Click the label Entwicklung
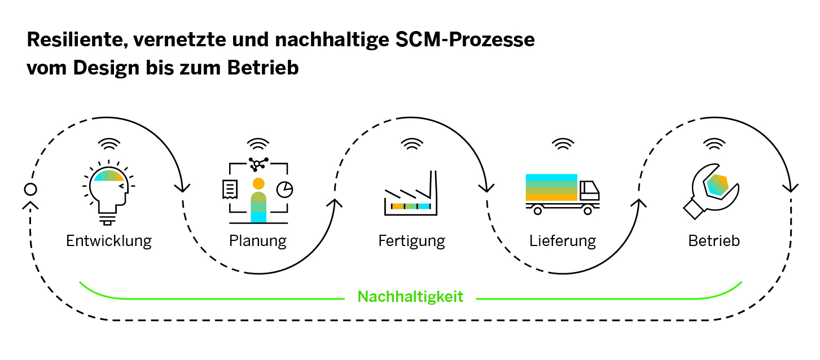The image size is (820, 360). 109,241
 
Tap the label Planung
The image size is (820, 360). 258,241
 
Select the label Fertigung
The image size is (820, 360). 411,241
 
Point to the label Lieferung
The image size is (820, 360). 563,241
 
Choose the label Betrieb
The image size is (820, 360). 714,241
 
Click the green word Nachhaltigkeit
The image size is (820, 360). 410,296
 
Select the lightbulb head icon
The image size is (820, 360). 108,192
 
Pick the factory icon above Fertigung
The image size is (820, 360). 411,194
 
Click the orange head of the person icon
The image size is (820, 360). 258,183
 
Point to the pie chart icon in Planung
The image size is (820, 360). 284,190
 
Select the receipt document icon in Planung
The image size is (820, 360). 230,189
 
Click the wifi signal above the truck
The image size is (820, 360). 562,145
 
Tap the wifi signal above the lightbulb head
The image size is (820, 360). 107,144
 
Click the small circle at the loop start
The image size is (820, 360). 30,189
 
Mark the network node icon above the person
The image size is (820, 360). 257,164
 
